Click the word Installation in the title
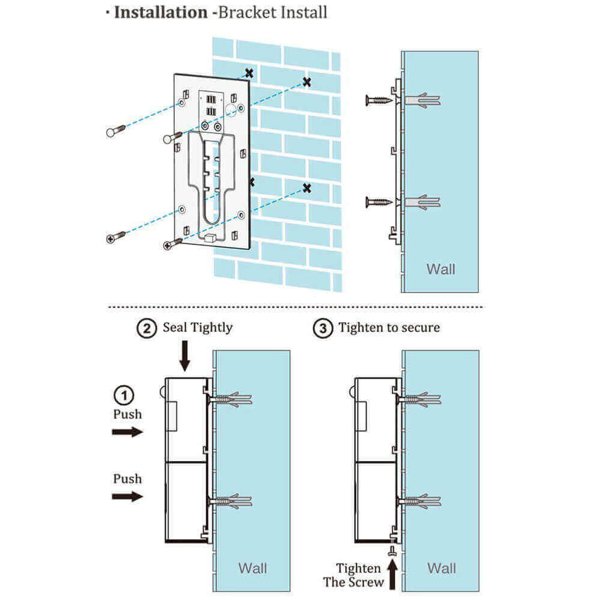click(161, 12)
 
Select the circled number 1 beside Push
click(123, 396)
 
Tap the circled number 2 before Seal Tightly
click(146, 328)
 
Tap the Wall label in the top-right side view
click(441, 269)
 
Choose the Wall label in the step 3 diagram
click(442, 567)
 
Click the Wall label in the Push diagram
click(253, 567)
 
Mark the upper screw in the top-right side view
click(378, 100)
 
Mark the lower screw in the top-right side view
click(378, 202)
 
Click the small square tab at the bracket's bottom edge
click(210, 239)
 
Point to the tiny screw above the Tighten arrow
click(392, 551)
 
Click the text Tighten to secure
click(389, 328)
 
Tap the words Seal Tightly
click(197, 328)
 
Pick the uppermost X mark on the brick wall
click(249, 73)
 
